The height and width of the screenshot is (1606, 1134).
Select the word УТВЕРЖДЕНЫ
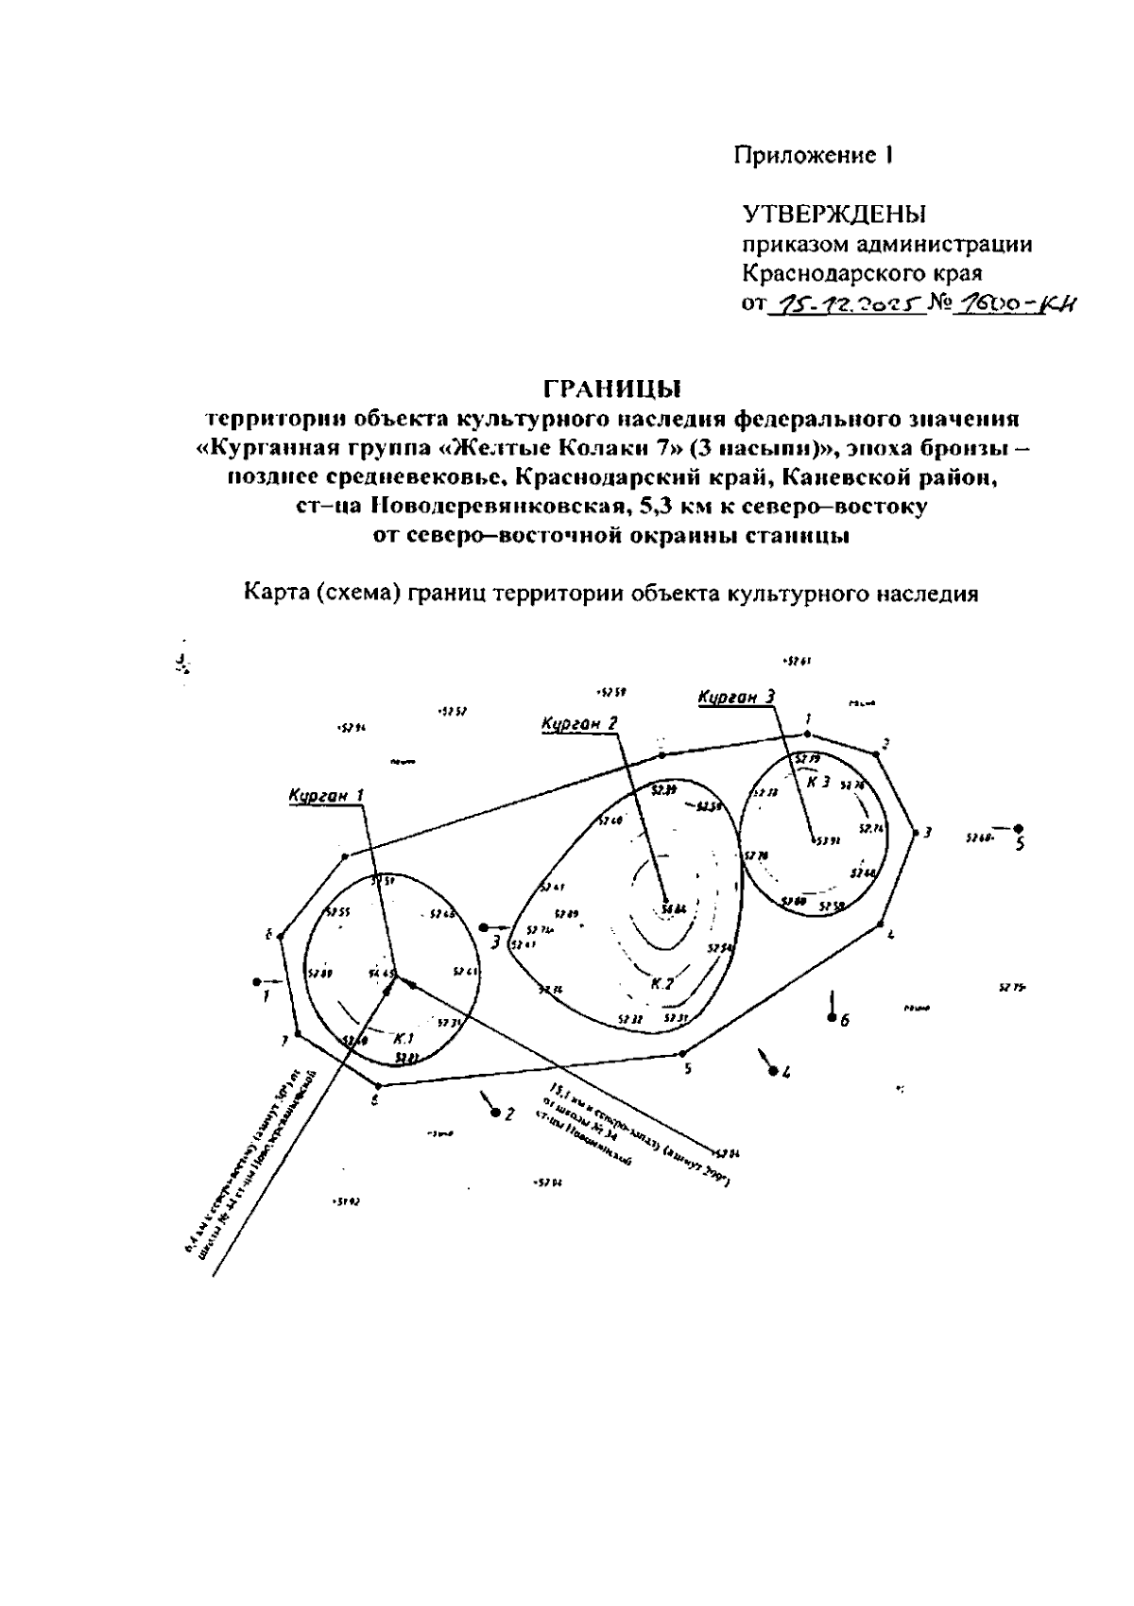click(x=833, y=215)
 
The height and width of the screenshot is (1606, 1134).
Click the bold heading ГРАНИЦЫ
click(x=611, y=389)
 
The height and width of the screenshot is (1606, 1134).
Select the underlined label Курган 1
click(x=326, y=796)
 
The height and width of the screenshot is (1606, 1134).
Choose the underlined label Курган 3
click(x=737, y=698)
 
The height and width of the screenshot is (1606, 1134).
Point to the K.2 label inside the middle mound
click(x=661, y=984)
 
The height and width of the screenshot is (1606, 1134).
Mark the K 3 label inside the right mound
click(x=818, y=782)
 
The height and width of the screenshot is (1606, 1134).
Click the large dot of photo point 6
click(x=832, y=1017)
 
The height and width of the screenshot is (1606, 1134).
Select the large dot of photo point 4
click(x=773, y=1071)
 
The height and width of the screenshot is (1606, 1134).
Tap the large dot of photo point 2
click(x=495, y=1112)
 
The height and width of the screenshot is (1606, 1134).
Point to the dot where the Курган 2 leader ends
click(x=665, y=901)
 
